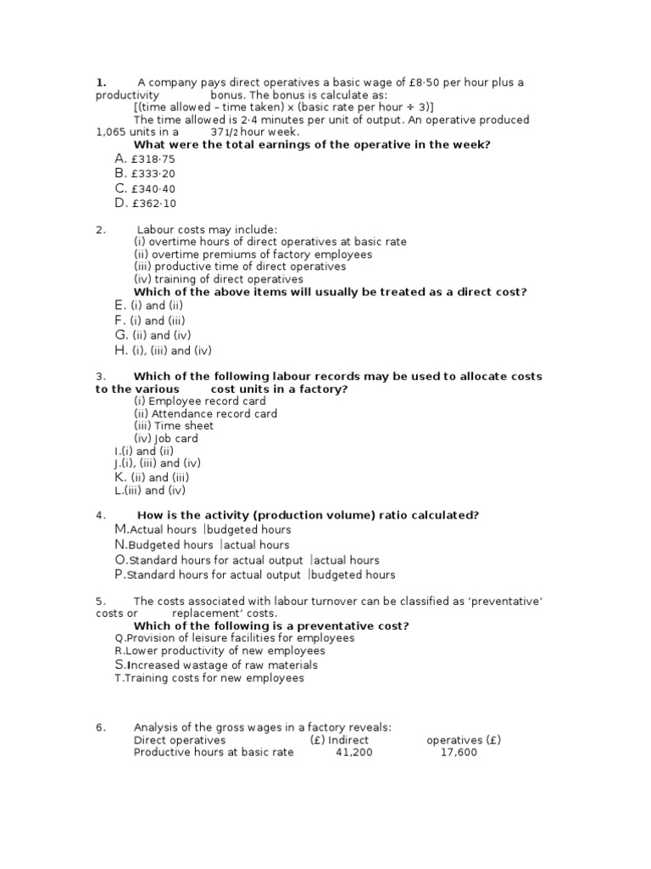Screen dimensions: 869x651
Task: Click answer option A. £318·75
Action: [144, 159]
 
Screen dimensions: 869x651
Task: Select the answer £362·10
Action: [144, 203]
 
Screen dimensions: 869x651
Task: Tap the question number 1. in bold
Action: [100, 82]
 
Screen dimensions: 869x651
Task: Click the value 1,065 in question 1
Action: [110, 132]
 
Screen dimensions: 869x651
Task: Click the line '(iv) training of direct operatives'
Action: [218, 279]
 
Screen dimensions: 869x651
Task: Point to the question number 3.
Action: [99, 376]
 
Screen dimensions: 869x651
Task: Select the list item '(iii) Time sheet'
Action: [174, 426]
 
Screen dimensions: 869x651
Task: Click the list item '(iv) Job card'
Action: [166, 439]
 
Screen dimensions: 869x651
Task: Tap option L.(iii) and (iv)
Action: [151, 490]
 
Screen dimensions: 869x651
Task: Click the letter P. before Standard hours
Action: [120, 575]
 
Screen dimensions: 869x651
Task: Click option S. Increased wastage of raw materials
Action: [216, 665]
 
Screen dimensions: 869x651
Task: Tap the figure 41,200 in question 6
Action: [353, 752]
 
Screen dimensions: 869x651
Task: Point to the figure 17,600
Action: [459, 752]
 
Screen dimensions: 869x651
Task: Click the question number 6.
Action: [99, 727]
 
